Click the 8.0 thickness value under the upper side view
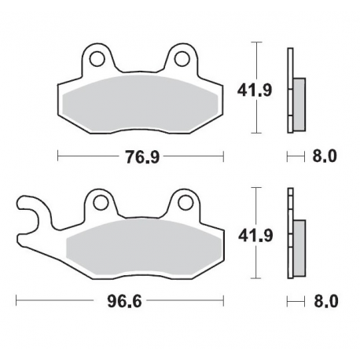(324, 156)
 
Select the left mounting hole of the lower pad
(99, 202)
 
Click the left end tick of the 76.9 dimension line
(58, 156)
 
